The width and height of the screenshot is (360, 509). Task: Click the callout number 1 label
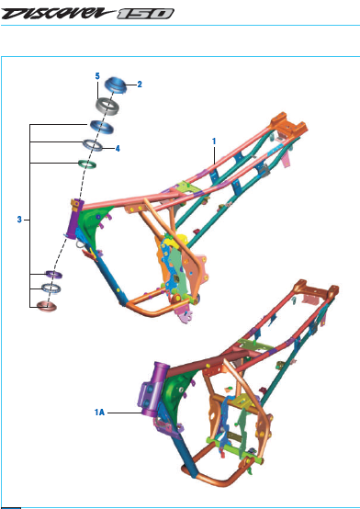214,141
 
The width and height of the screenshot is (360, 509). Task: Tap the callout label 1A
99,413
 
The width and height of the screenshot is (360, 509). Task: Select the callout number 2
140,85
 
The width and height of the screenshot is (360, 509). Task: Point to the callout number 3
19,220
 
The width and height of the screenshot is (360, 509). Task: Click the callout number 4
118,149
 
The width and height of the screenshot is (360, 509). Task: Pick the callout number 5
97,76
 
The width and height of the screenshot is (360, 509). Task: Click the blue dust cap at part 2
116,85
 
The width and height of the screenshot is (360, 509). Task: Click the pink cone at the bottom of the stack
47,306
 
